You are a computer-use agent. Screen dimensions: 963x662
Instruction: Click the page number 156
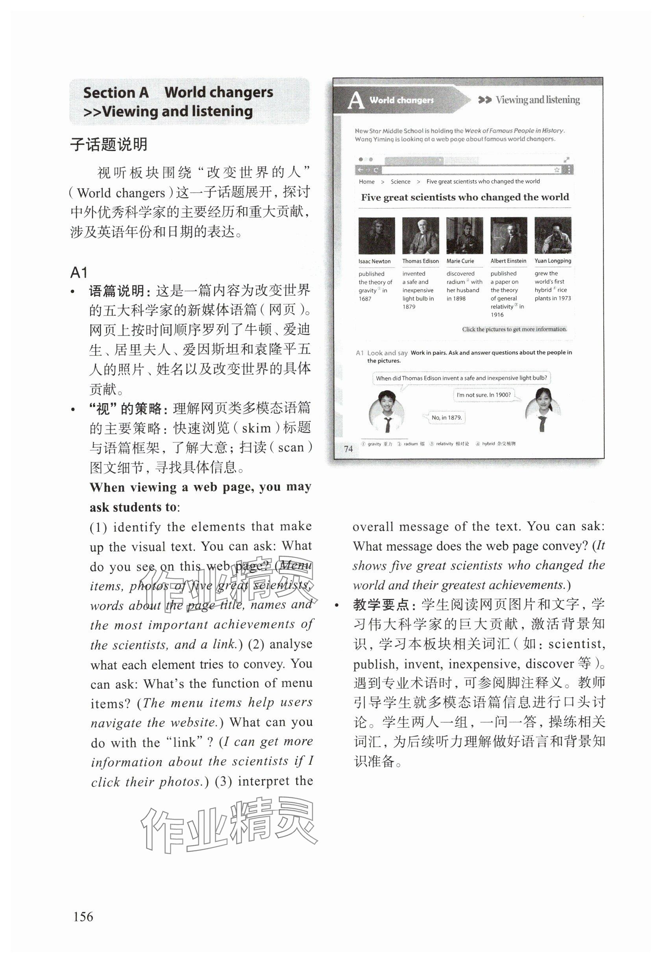point(83,915)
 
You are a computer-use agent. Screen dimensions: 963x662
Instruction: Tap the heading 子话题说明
point(109,145)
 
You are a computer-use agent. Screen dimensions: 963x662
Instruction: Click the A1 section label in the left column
point(79,273)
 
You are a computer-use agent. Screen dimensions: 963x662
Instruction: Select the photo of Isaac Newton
point(376,236)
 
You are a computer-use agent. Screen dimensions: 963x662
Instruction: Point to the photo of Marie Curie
point(464,236)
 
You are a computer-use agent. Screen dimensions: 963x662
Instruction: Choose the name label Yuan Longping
point(553,261)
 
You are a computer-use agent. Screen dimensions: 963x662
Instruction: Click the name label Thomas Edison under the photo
point(420,261)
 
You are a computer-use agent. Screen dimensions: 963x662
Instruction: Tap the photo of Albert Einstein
point(509,236)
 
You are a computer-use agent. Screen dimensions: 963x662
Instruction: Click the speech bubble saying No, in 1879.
point(446,417)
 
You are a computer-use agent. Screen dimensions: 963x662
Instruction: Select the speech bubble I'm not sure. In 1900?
point(484,395)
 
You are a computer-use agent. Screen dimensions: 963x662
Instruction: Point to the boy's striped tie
point(388,425)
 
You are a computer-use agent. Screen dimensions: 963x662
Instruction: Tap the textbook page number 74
point(348,448)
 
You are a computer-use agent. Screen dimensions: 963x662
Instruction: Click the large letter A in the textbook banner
point(355,100)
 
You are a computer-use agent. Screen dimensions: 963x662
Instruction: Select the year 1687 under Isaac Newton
point(365,299)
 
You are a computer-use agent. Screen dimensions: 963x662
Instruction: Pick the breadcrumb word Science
point(400,182)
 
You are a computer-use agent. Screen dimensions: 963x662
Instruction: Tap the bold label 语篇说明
point(120,291)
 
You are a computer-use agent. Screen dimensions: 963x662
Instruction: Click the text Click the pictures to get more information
point(514,329)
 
